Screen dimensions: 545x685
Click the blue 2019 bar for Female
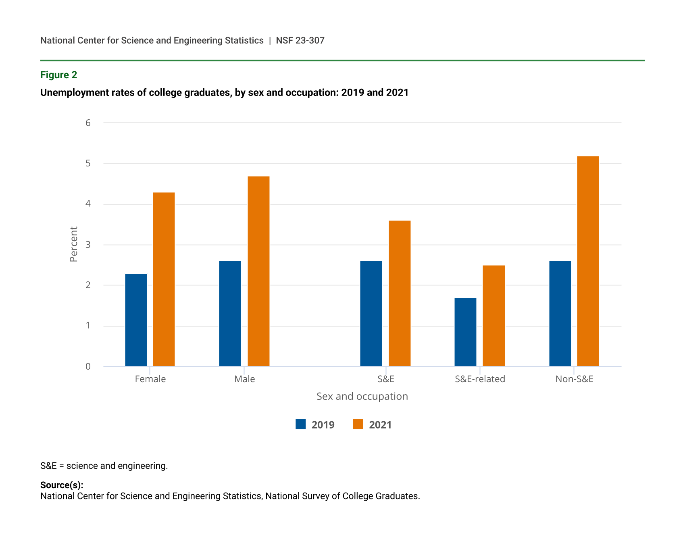136,320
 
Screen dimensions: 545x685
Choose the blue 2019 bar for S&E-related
465,332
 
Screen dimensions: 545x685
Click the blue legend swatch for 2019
300,424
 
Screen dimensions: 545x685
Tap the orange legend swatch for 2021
358,424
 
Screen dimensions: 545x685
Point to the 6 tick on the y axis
88,123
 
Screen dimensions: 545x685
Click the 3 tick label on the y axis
88,245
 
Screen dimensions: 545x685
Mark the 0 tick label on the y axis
88,366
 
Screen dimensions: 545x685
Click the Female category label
150,379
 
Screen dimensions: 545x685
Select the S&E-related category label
480,379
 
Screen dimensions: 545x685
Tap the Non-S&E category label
574,379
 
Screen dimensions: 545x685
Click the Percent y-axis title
73,244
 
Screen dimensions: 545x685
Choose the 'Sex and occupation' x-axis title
362,396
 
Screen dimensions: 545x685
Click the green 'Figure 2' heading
59,75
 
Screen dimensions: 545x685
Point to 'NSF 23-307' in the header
300,40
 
